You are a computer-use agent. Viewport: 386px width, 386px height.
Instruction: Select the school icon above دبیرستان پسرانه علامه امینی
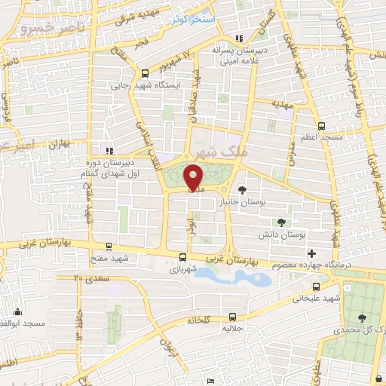click(240, 40)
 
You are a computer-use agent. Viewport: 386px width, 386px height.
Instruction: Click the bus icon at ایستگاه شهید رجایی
click(144, 73)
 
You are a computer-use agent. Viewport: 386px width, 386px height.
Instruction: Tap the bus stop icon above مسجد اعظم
click(322, 126)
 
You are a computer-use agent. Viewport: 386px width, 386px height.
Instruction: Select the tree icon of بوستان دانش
click(281, 222)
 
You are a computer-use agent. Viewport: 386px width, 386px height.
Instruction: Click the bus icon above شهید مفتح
click(111, 247)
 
